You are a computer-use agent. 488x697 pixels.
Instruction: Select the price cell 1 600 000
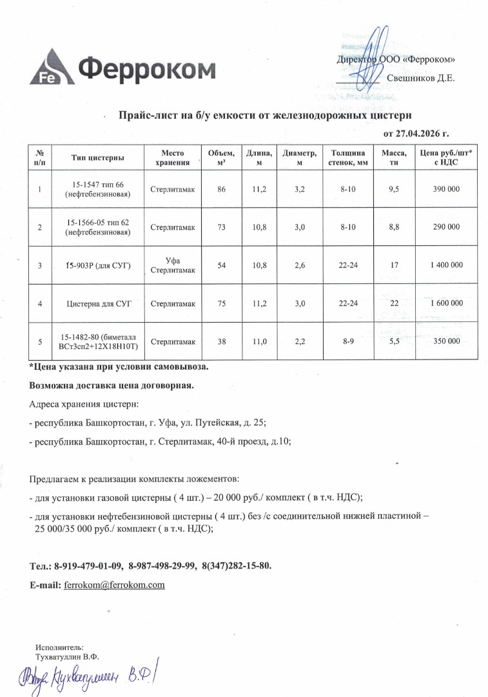pyautogui.click(x=445, y=303)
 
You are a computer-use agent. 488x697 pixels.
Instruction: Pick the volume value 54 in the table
pyautogui.click(x=222, y=265)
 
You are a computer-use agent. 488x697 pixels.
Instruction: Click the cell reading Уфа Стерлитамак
pyautogui.click(x=173, y=265)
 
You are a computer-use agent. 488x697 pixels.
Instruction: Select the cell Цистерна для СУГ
pyautogui.click(x=99, y=303)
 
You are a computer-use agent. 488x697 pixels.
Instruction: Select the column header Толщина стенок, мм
pyautogui.click(x=348, y=158)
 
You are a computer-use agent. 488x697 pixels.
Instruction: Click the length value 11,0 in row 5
pyautogui.click(x=260, y=341)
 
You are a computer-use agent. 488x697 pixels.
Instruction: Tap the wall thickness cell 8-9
pyautogui.click(x=348, y=341)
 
